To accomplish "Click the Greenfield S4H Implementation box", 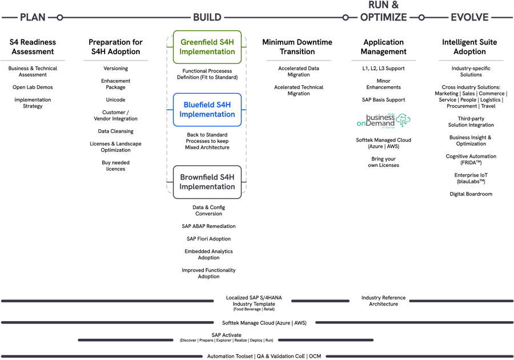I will click(207, 47).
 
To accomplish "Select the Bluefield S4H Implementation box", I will click(207, 110).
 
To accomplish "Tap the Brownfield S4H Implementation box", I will click(207, 182).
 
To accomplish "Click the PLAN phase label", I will click(33, 17).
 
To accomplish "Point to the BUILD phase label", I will click(207, 17).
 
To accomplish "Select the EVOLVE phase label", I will click(469, 17).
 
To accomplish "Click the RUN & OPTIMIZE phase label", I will click(383, 11).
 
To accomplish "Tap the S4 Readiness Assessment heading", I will click(32, 47).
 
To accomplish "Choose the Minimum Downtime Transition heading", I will click(296, 47).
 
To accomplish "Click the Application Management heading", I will click(383, 47).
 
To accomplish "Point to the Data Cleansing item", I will click(115, 131).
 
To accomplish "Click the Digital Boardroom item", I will click(471, 194).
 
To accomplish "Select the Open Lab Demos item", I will click(32, 87).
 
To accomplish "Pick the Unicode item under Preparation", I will click(115, 99).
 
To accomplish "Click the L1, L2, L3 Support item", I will click(383, 69).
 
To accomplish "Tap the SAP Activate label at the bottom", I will click(226, 334).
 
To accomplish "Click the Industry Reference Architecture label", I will click(383, 301).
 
